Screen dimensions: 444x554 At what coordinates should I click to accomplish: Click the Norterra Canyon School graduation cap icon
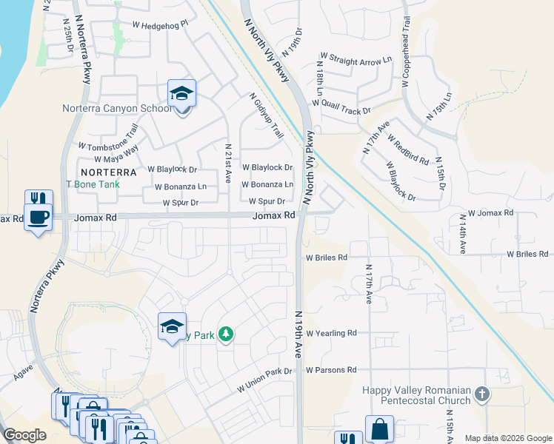181,94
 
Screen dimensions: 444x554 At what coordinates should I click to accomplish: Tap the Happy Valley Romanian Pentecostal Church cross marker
482,394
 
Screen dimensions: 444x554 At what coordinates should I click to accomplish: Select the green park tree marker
226,335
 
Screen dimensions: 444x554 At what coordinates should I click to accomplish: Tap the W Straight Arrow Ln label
356,57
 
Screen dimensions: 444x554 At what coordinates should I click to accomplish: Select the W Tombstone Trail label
107,138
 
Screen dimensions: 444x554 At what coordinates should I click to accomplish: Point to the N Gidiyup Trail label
267,115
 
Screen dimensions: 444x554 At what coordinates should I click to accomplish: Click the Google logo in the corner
24,435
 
